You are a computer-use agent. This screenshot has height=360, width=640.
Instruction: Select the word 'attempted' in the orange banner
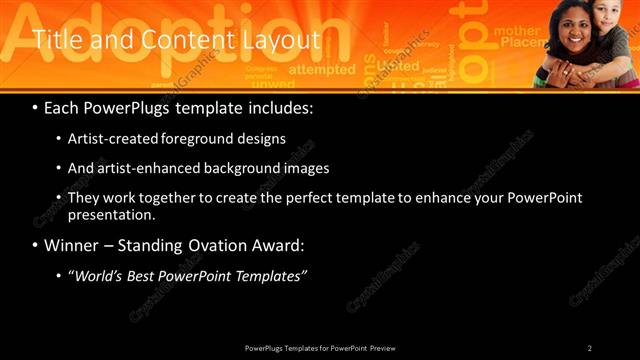tap(322, 70)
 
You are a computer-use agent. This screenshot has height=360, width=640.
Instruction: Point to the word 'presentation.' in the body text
tap(110, 215)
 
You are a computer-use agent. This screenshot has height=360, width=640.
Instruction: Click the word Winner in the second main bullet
tap(73, 245)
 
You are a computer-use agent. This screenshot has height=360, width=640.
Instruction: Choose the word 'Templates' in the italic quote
tap(271, 276)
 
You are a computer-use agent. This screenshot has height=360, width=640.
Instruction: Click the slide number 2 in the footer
tap(590, 347)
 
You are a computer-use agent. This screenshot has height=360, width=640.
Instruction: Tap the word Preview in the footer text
tap(389, 347)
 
